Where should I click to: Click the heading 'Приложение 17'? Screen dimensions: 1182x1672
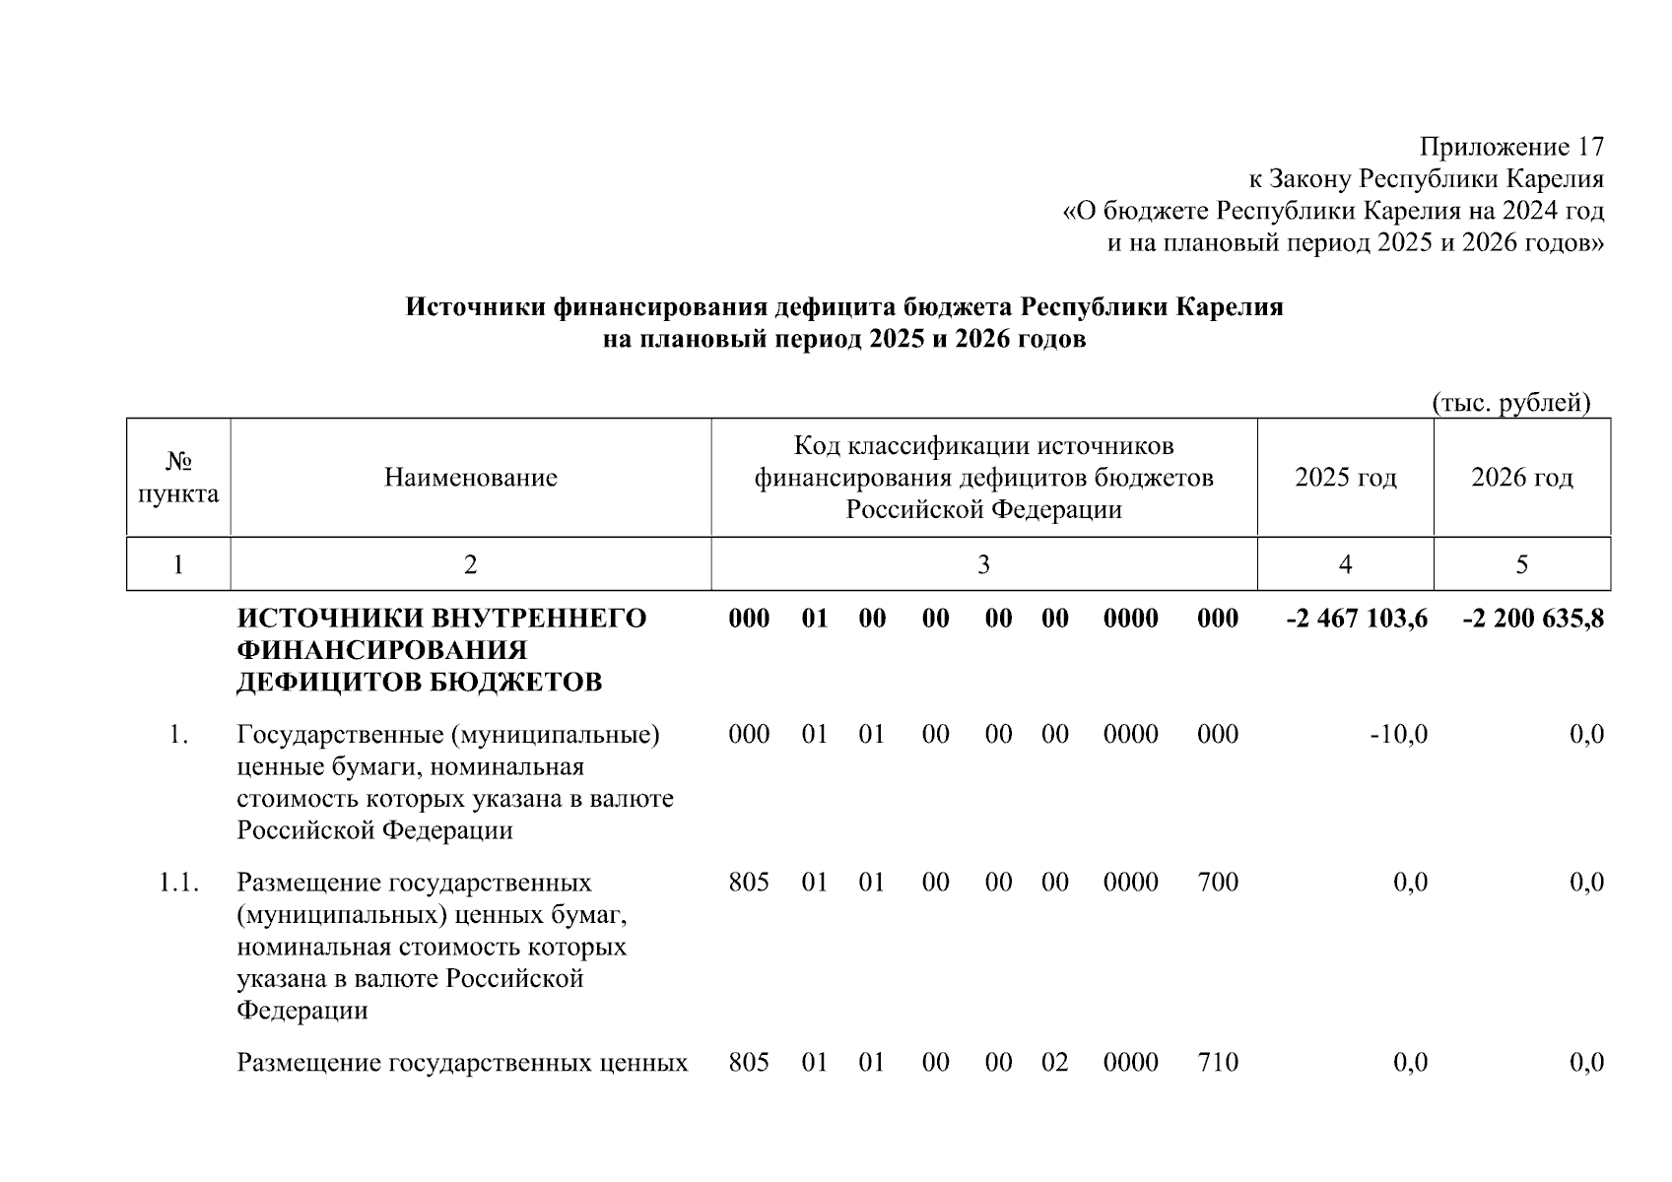[x=1511, y=148]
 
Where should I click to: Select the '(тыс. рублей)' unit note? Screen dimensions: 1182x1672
[x=1511, y=403]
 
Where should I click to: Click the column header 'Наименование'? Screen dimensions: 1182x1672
[x=470, y=478]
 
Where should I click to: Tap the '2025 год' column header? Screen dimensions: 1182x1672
[x=1345, y=478]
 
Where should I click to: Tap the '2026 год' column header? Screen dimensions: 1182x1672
[x=1521, y=478]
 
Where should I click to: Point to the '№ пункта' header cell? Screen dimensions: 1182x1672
[x=178, y=478]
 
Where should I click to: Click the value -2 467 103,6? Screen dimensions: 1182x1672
[x=1357, y=619]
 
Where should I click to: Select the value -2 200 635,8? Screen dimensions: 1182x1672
[x=1533, y=619]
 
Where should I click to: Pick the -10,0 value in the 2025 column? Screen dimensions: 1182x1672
[x=1398, y=734]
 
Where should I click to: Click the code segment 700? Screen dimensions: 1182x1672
[x=1218, y=883]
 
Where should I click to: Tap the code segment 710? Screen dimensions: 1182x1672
[x=1218, y=1063]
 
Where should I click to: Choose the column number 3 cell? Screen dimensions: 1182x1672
[x=983, y=564]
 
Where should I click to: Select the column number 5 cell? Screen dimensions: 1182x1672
[x=1521, y=564]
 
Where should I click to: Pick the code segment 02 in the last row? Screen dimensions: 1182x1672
[x=1054, y=1063]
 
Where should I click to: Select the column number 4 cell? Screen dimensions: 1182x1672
[x=1345, y=564]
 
